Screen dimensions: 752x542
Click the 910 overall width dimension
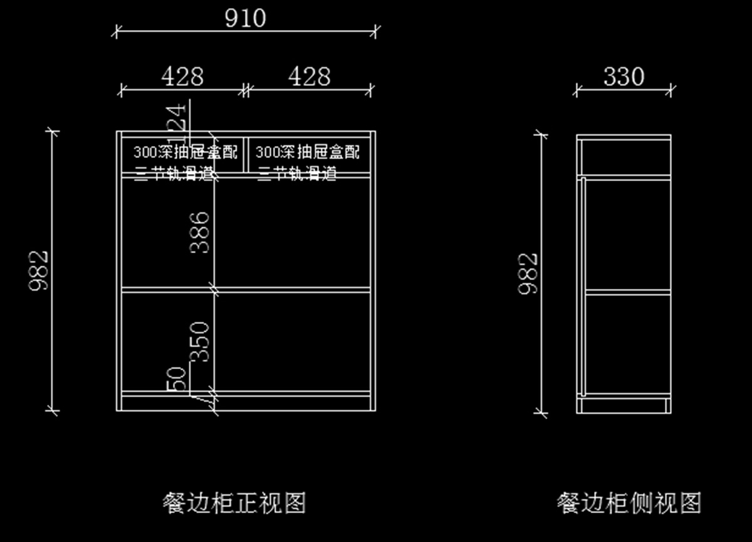coord(246,18)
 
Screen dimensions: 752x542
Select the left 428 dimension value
coord(182,76)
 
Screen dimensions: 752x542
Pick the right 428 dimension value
coord(309,76)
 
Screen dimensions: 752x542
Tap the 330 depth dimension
coord(624,76)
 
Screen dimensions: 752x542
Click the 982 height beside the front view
coord(39,271)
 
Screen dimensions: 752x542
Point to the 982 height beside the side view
coord(528,273)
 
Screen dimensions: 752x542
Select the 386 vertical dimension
coord(200,232)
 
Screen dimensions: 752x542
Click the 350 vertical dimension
coord(200,341)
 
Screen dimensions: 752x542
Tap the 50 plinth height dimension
coord(177,378)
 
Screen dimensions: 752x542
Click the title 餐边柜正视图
coord(234,503)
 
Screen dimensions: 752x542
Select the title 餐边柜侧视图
coord(629,503)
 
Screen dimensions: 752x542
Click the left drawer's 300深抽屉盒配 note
coord(185,152)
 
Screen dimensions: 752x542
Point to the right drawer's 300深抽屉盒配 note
coord(308,152)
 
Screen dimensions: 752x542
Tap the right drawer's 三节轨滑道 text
coord(297,173)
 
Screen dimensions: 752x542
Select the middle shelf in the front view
coord(295,290)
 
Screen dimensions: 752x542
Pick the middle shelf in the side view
coord(627,291)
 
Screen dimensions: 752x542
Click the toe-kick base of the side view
coord(624,405)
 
